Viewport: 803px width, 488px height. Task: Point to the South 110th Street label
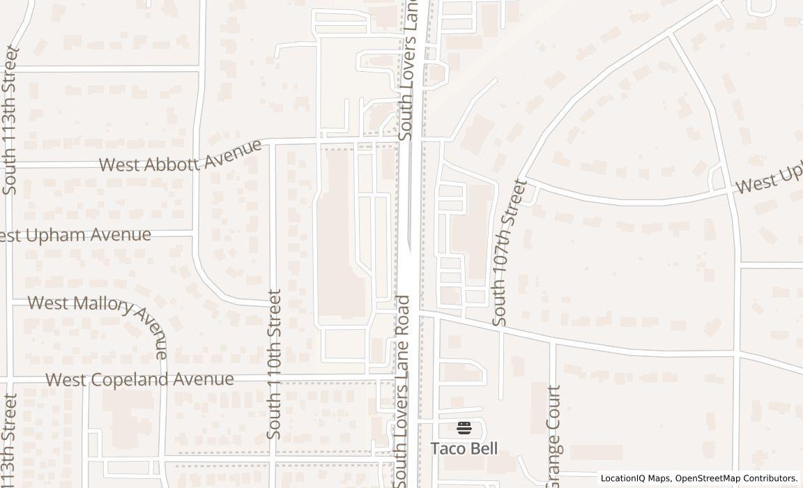click(x=275, y=364)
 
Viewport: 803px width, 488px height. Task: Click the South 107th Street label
click(x=510, y=252)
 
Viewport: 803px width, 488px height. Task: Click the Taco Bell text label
click(x=464, y=448)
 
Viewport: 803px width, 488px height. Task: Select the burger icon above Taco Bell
click(x=464, y=427)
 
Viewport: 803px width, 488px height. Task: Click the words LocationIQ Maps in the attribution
click(x=635, y=478)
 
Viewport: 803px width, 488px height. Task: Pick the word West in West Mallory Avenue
click(x=47, y=303)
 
